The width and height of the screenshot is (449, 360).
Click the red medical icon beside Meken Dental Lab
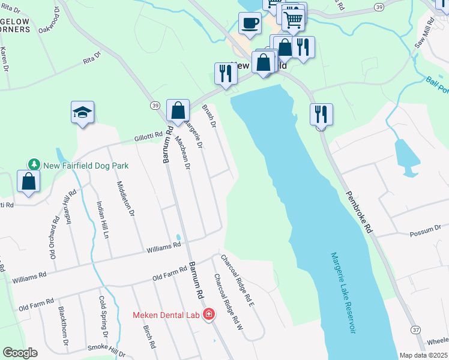pos(209,314)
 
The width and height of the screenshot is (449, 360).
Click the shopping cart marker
pos(293,19)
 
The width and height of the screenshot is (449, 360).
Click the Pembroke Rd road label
pos(360,212)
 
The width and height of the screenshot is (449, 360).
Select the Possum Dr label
pos(421,233)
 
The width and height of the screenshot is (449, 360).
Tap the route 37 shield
pos(415,329)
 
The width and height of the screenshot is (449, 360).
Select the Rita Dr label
pos(91,59)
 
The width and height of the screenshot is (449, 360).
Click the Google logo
pos(20,352)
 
